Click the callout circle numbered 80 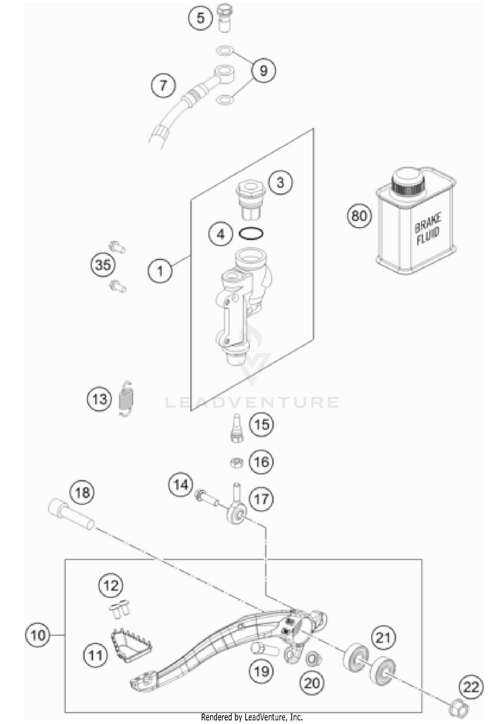point(360,217)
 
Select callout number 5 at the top point(200,18)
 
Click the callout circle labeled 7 point(163,85)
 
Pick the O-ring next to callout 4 point(250,235)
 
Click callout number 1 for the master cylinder point(160,271)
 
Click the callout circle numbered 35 point(102,265)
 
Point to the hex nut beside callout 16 point(236,462)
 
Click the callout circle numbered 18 point(82,493)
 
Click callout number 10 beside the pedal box point(40,635)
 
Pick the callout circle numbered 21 point(383,637)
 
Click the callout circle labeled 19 point(261,670)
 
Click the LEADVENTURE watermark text point(252,402)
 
